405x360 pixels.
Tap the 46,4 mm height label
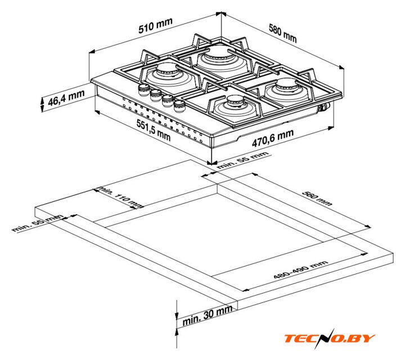tap(66, 101)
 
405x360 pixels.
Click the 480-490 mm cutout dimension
tap(300, 269)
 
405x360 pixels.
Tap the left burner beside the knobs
tap(167, 73)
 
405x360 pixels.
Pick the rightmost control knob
tap(179, 104)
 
